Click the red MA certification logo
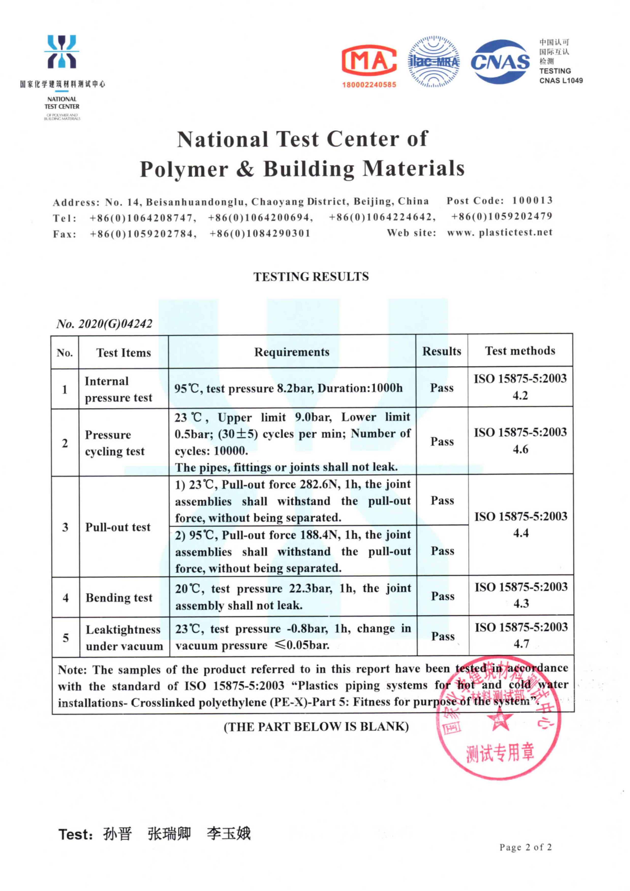click(369, 60)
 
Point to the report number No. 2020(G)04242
click(104, 324)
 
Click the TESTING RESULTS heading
click(311, 277)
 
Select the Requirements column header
click(291, 352)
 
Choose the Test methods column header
click(520, 351)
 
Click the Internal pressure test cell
click(118, 389)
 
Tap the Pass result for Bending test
click(442, 596)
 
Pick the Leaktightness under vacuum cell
click(124, 638)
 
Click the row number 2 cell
click(65, 443)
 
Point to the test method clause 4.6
click(520, 449)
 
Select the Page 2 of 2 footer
click(525, 847)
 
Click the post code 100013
click(532, 200)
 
